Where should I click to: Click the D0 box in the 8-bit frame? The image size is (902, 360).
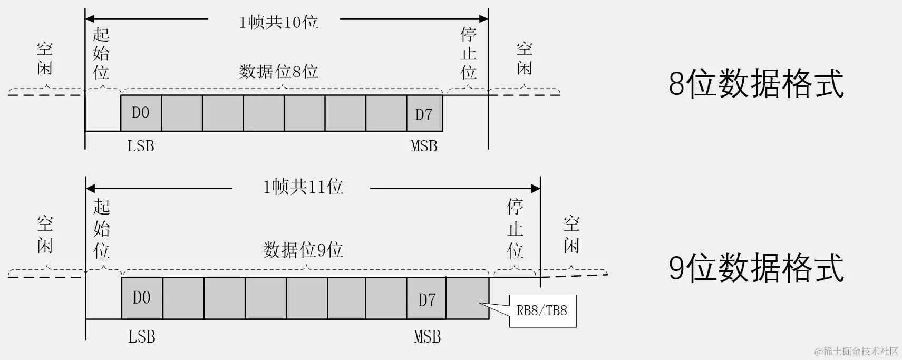(141, 113)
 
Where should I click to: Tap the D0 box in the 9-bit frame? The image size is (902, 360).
(142, 298)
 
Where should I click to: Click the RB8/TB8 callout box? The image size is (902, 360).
(542, 310)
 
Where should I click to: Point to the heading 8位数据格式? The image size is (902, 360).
(756, 83)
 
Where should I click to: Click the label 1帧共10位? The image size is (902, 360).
(278, 22)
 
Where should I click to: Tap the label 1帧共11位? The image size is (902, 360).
(303, 187)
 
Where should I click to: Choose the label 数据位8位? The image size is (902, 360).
(278, 71)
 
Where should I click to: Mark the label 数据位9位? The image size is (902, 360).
(303, 249)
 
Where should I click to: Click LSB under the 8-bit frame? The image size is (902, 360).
(141, 146)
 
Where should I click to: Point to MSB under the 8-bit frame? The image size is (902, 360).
(424, 146)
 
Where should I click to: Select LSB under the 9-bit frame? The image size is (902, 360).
(142, 337)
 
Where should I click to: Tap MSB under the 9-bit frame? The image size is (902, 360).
(427, 337)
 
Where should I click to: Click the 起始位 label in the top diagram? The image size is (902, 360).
(101, 53)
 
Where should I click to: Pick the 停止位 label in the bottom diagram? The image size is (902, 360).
(515, 228)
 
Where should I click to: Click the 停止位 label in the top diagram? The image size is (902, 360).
(468, 53)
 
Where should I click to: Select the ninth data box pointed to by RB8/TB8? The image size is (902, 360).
(467, 298)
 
